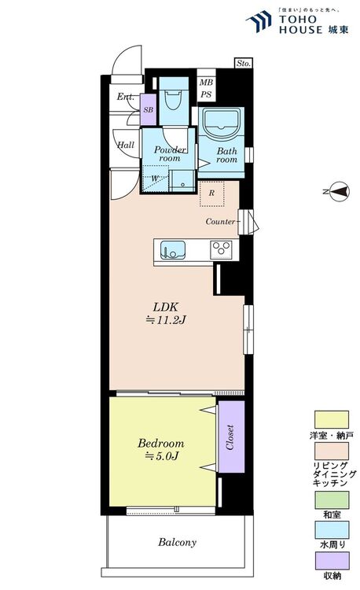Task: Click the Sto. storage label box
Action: [x=244, y=63]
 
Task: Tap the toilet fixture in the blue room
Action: [x=174, y=98]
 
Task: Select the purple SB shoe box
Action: [x=148, y=110]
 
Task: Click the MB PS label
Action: [x=206, y=88]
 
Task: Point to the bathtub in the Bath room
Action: [x=221, y=124]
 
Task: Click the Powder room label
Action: [x=170, y=154]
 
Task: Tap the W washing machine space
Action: [x=155, y=179]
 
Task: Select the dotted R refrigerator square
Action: [x=212, y=194]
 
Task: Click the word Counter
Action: [x=221, y=221]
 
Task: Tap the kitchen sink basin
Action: [x=173, y=251]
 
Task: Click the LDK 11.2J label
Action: [x=166, y=313]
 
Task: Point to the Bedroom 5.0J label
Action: [x=161, y=449]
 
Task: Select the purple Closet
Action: [x=231, y=437]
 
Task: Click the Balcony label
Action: [x=178, y=542]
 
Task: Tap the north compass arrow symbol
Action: [x=336, y=191]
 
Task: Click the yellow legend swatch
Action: [x=332, y=419]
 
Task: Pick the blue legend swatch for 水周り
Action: [x=332, y=530]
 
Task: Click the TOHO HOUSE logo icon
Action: [x=259, y=21]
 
